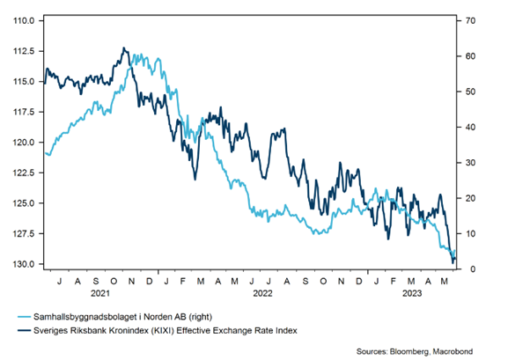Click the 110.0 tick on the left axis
(x=25, y=20)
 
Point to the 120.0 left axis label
(x=25, y=142)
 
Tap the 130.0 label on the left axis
(x=25, y=264)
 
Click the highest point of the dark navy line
(x=125, y=48)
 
